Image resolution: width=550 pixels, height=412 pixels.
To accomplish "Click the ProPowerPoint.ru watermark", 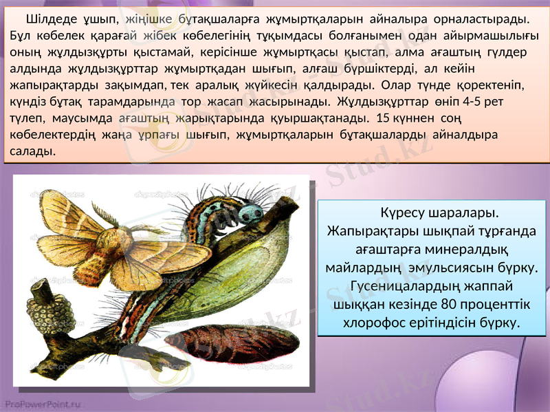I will coord(42,404).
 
